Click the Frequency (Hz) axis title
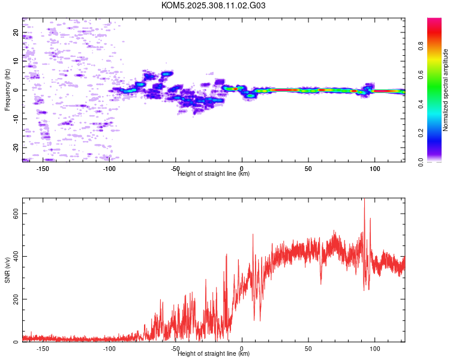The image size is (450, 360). tap(7, 90)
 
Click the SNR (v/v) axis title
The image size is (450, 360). tap(7, 270)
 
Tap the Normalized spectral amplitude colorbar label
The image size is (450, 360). tap(446, 90)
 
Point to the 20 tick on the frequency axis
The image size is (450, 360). tap(16, 32)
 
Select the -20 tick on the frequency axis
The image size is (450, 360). tap(16, 147)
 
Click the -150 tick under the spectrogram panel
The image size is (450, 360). tap(43, 169)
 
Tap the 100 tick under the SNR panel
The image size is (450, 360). tap(375, 349)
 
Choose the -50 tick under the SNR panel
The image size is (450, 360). tap(176, 349)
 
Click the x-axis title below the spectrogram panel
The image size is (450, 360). tap(214, 174)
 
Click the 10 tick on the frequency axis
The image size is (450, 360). tap(16, 61)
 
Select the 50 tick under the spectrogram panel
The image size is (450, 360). tap(308, 169)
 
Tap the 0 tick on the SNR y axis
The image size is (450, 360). tap(16, 341)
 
